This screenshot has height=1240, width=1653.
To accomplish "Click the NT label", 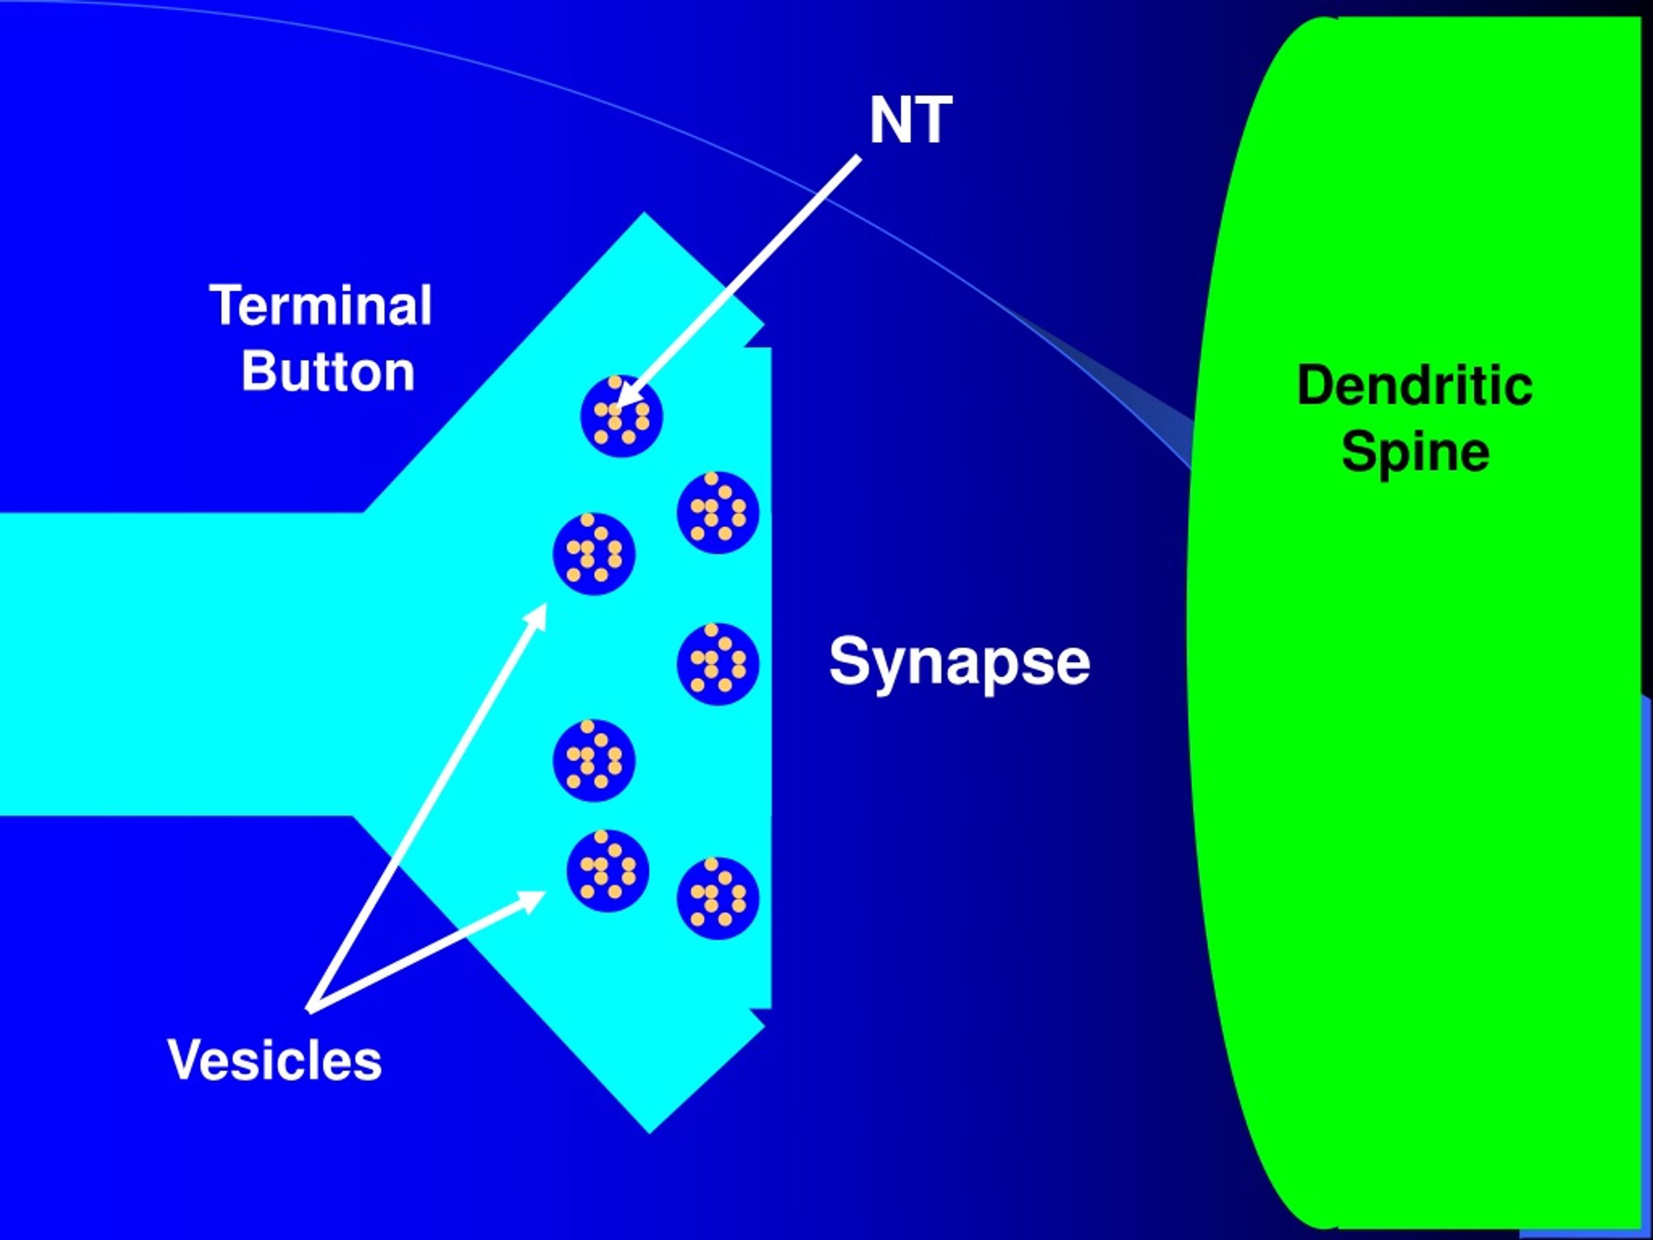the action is [910, 120].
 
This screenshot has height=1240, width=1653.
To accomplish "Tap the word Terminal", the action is [322, 305].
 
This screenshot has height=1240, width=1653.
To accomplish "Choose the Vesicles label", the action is [275, 1060].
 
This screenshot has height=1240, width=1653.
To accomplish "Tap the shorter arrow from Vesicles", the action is [426, 951].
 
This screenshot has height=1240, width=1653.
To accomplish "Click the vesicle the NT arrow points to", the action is [622, 415].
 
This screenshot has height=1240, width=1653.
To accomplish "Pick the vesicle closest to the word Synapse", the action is [718, 664].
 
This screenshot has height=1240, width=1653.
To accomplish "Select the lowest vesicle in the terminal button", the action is [718, 898].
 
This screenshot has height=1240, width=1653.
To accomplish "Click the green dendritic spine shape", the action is [1412, 621].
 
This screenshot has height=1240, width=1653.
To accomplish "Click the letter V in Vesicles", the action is [187, 1060].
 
